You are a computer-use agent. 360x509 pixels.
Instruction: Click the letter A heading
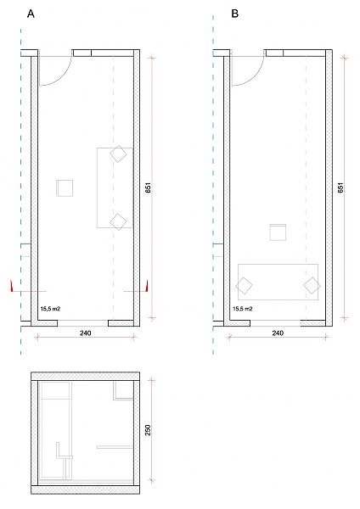(31, 14)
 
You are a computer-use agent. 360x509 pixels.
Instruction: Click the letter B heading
(235, 14)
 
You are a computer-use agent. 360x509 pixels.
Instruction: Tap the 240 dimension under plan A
(86, 333)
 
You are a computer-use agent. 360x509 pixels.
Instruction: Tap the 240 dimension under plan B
(278, 333)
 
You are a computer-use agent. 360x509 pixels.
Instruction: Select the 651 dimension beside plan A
(148, 188)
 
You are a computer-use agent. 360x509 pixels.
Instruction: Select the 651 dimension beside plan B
(340, 188)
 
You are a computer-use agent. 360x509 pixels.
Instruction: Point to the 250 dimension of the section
(148, 430)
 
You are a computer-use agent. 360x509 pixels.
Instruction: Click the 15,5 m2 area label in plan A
(50, 309)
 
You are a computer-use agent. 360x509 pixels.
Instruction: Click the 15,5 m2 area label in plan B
(243, 309)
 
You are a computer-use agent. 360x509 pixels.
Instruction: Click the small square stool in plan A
(65, 188)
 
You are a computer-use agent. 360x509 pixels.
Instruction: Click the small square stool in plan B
(278, 232)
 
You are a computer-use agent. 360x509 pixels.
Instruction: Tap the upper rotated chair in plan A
(118, 154)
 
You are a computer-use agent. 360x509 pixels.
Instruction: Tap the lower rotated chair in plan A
(118, 221)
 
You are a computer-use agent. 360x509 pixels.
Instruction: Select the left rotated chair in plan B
(244, 286)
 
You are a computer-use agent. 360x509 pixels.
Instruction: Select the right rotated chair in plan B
(312, 286)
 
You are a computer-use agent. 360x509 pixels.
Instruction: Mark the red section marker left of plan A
(11, 286)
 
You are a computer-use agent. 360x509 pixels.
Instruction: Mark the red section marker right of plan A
(147, 286)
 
